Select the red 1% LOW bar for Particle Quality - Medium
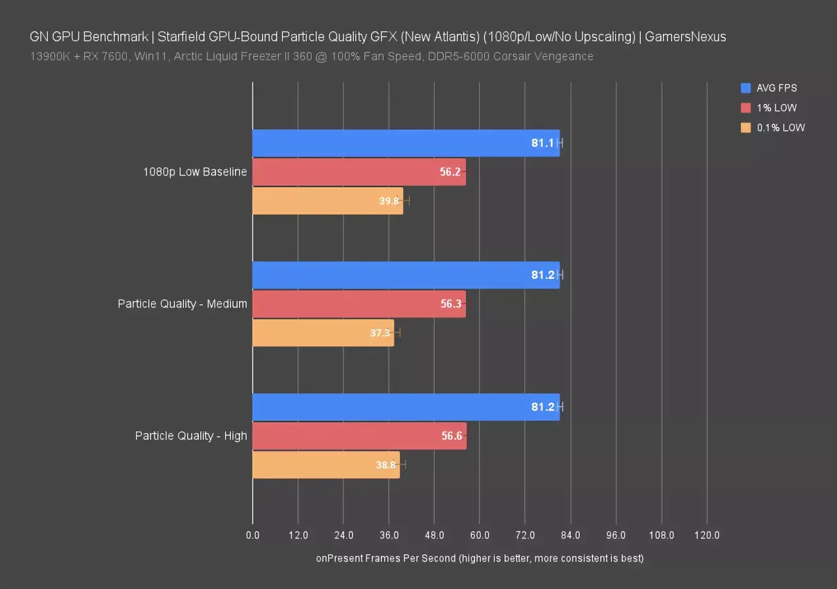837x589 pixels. point(359,304)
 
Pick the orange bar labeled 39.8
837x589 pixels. point(327,201)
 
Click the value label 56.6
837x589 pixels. point(452,436)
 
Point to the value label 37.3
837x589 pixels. point(380,333)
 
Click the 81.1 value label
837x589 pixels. point(543,143)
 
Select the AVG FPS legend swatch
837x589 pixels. point(745,88)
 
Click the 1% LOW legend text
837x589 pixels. point(777,108)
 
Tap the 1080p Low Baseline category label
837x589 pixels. point(195,172)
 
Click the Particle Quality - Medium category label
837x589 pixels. point(183,304)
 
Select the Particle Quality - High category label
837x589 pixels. point(191,436)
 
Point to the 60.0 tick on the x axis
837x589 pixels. point(480,535)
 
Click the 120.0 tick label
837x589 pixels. point(707,535)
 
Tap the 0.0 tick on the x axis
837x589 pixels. point(253,535)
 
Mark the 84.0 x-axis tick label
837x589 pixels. point(571,535)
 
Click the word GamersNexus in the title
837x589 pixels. point(685,37)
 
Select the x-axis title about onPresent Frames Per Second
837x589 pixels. point(480,558)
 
